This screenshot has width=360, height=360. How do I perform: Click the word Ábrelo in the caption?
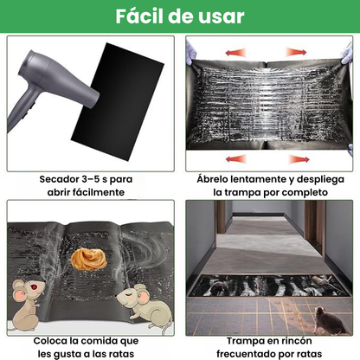click(215, 178)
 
